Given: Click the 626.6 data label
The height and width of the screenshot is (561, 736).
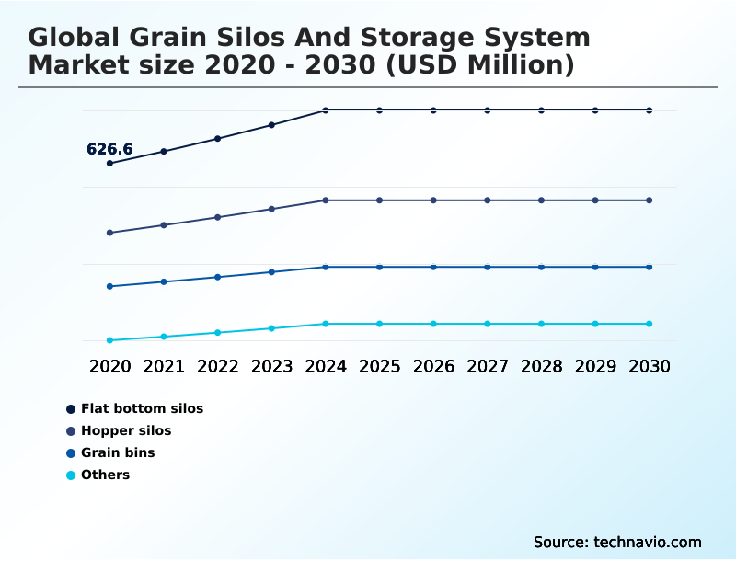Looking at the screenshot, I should pos(109,149).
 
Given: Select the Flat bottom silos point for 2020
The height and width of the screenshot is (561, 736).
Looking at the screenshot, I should pos(109,164).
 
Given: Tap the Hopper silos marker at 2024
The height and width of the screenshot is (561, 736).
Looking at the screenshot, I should pos(326,200).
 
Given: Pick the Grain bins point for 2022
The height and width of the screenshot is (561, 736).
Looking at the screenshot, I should pos(218,277).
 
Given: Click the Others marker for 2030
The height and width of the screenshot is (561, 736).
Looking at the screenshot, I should pos(650,324).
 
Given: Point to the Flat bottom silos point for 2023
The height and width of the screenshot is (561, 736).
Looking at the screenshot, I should pos(271,125).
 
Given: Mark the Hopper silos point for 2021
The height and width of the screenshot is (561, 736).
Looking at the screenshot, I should pos(164,225).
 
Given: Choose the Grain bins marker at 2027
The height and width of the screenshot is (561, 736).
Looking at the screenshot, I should pos(488,267).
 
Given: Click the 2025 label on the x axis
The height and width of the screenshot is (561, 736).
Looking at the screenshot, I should pos(379,366).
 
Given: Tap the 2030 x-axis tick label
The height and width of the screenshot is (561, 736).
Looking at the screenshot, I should pos(650,366).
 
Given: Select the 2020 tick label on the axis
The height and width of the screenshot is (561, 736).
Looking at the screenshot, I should pos(109,366).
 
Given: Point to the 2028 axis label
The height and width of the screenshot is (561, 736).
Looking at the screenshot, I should pos(541,366).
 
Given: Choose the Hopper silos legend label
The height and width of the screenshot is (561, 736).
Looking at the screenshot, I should pos(126,430).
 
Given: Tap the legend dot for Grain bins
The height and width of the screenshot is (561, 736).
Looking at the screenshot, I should pos(71,452).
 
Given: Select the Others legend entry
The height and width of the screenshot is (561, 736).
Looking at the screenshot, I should pos(105,475).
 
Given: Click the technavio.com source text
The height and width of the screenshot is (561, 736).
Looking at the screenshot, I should pos(647,542).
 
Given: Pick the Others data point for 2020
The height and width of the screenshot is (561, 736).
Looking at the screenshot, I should pos(109,340).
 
